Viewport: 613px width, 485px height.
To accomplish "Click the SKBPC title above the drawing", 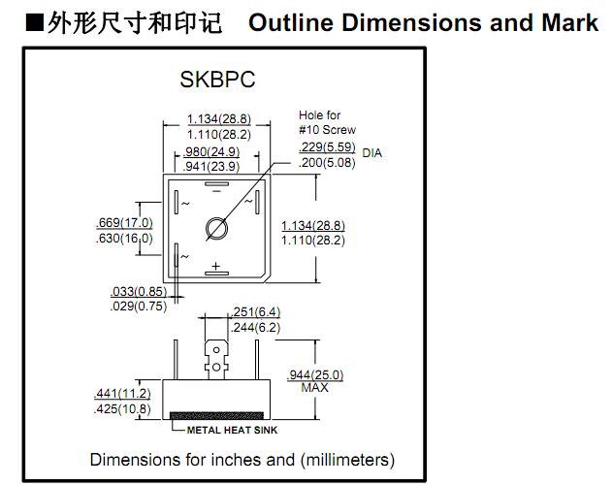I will coord(217,80).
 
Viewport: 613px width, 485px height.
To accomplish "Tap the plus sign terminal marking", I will coord(216,266).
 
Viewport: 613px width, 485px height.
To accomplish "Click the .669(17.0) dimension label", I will coord(125,222).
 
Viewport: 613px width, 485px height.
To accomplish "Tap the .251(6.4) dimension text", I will coord(257,312).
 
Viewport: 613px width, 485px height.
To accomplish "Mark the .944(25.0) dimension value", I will coord(317,375).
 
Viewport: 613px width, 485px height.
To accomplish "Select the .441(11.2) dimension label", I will coord(122,394).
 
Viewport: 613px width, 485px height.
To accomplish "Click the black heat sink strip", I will coord(214,416).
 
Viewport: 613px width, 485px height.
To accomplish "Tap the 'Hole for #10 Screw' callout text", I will coord(327,123).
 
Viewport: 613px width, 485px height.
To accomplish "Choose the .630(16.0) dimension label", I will coord(125,239).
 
